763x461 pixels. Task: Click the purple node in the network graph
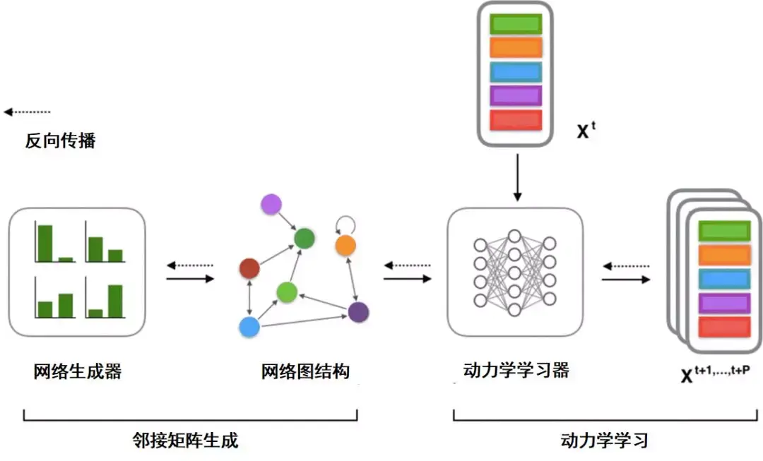click(271, 204)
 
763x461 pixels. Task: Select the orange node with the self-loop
click(345, 245)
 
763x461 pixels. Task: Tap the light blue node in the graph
click(249, 327)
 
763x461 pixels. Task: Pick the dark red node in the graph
click(249, 268)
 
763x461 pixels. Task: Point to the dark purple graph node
click(359, 312)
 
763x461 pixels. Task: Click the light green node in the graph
click(287, 292)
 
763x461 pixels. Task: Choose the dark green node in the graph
click(304, 239)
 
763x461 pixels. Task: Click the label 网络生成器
click(78, 371)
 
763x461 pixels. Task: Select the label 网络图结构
click(305, 371)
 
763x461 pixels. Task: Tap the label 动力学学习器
click(516, 370)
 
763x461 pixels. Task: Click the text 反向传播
click(60, 140)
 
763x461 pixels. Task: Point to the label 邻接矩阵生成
click(185, 440)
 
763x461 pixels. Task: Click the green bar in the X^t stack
click(516, 24)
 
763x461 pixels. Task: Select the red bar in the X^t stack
click(516, 120)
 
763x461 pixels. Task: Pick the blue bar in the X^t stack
click(516, 72)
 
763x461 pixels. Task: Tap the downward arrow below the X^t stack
click(517, 177)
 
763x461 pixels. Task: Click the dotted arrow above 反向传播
click(28, 112)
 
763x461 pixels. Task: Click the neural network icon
click(515, 273)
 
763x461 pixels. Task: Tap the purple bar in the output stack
click(725, 303)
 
